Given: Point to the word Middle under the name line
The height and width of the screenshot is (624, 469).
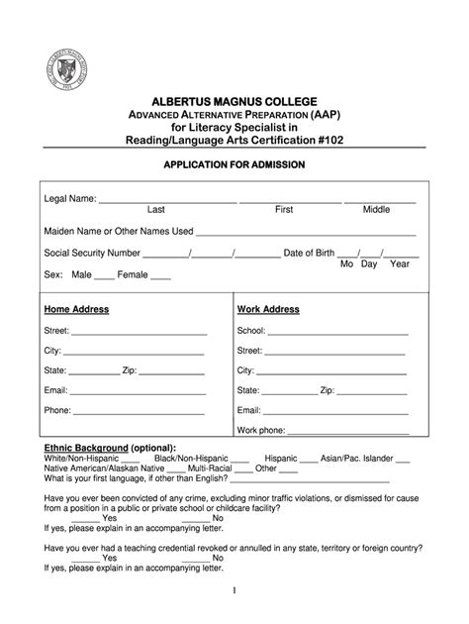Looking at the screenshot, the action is (x=376, y=210).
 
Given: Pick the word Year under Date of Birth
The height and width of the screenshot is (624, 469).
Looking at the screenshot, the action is (x=400, y=264).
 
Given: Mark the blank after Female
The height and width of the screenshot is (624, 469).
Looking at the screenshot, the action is (x=161, y=278).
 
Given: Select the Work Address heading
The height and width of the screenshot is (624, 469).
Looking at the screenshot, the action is (x=268, y=309).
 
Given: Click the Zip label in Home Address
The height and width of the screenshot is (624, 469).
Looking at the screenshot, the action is (x=128, y=370).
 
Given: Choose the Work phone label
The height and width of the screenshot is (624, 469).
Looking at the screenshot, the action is (x=261, y=431).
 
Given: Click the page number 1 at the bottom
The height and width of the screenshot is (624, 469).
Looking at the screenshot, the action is (x=235, y=591).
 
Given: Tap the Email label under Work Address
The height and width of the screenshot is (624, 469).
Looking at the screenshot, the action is (x=248, y=410).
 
